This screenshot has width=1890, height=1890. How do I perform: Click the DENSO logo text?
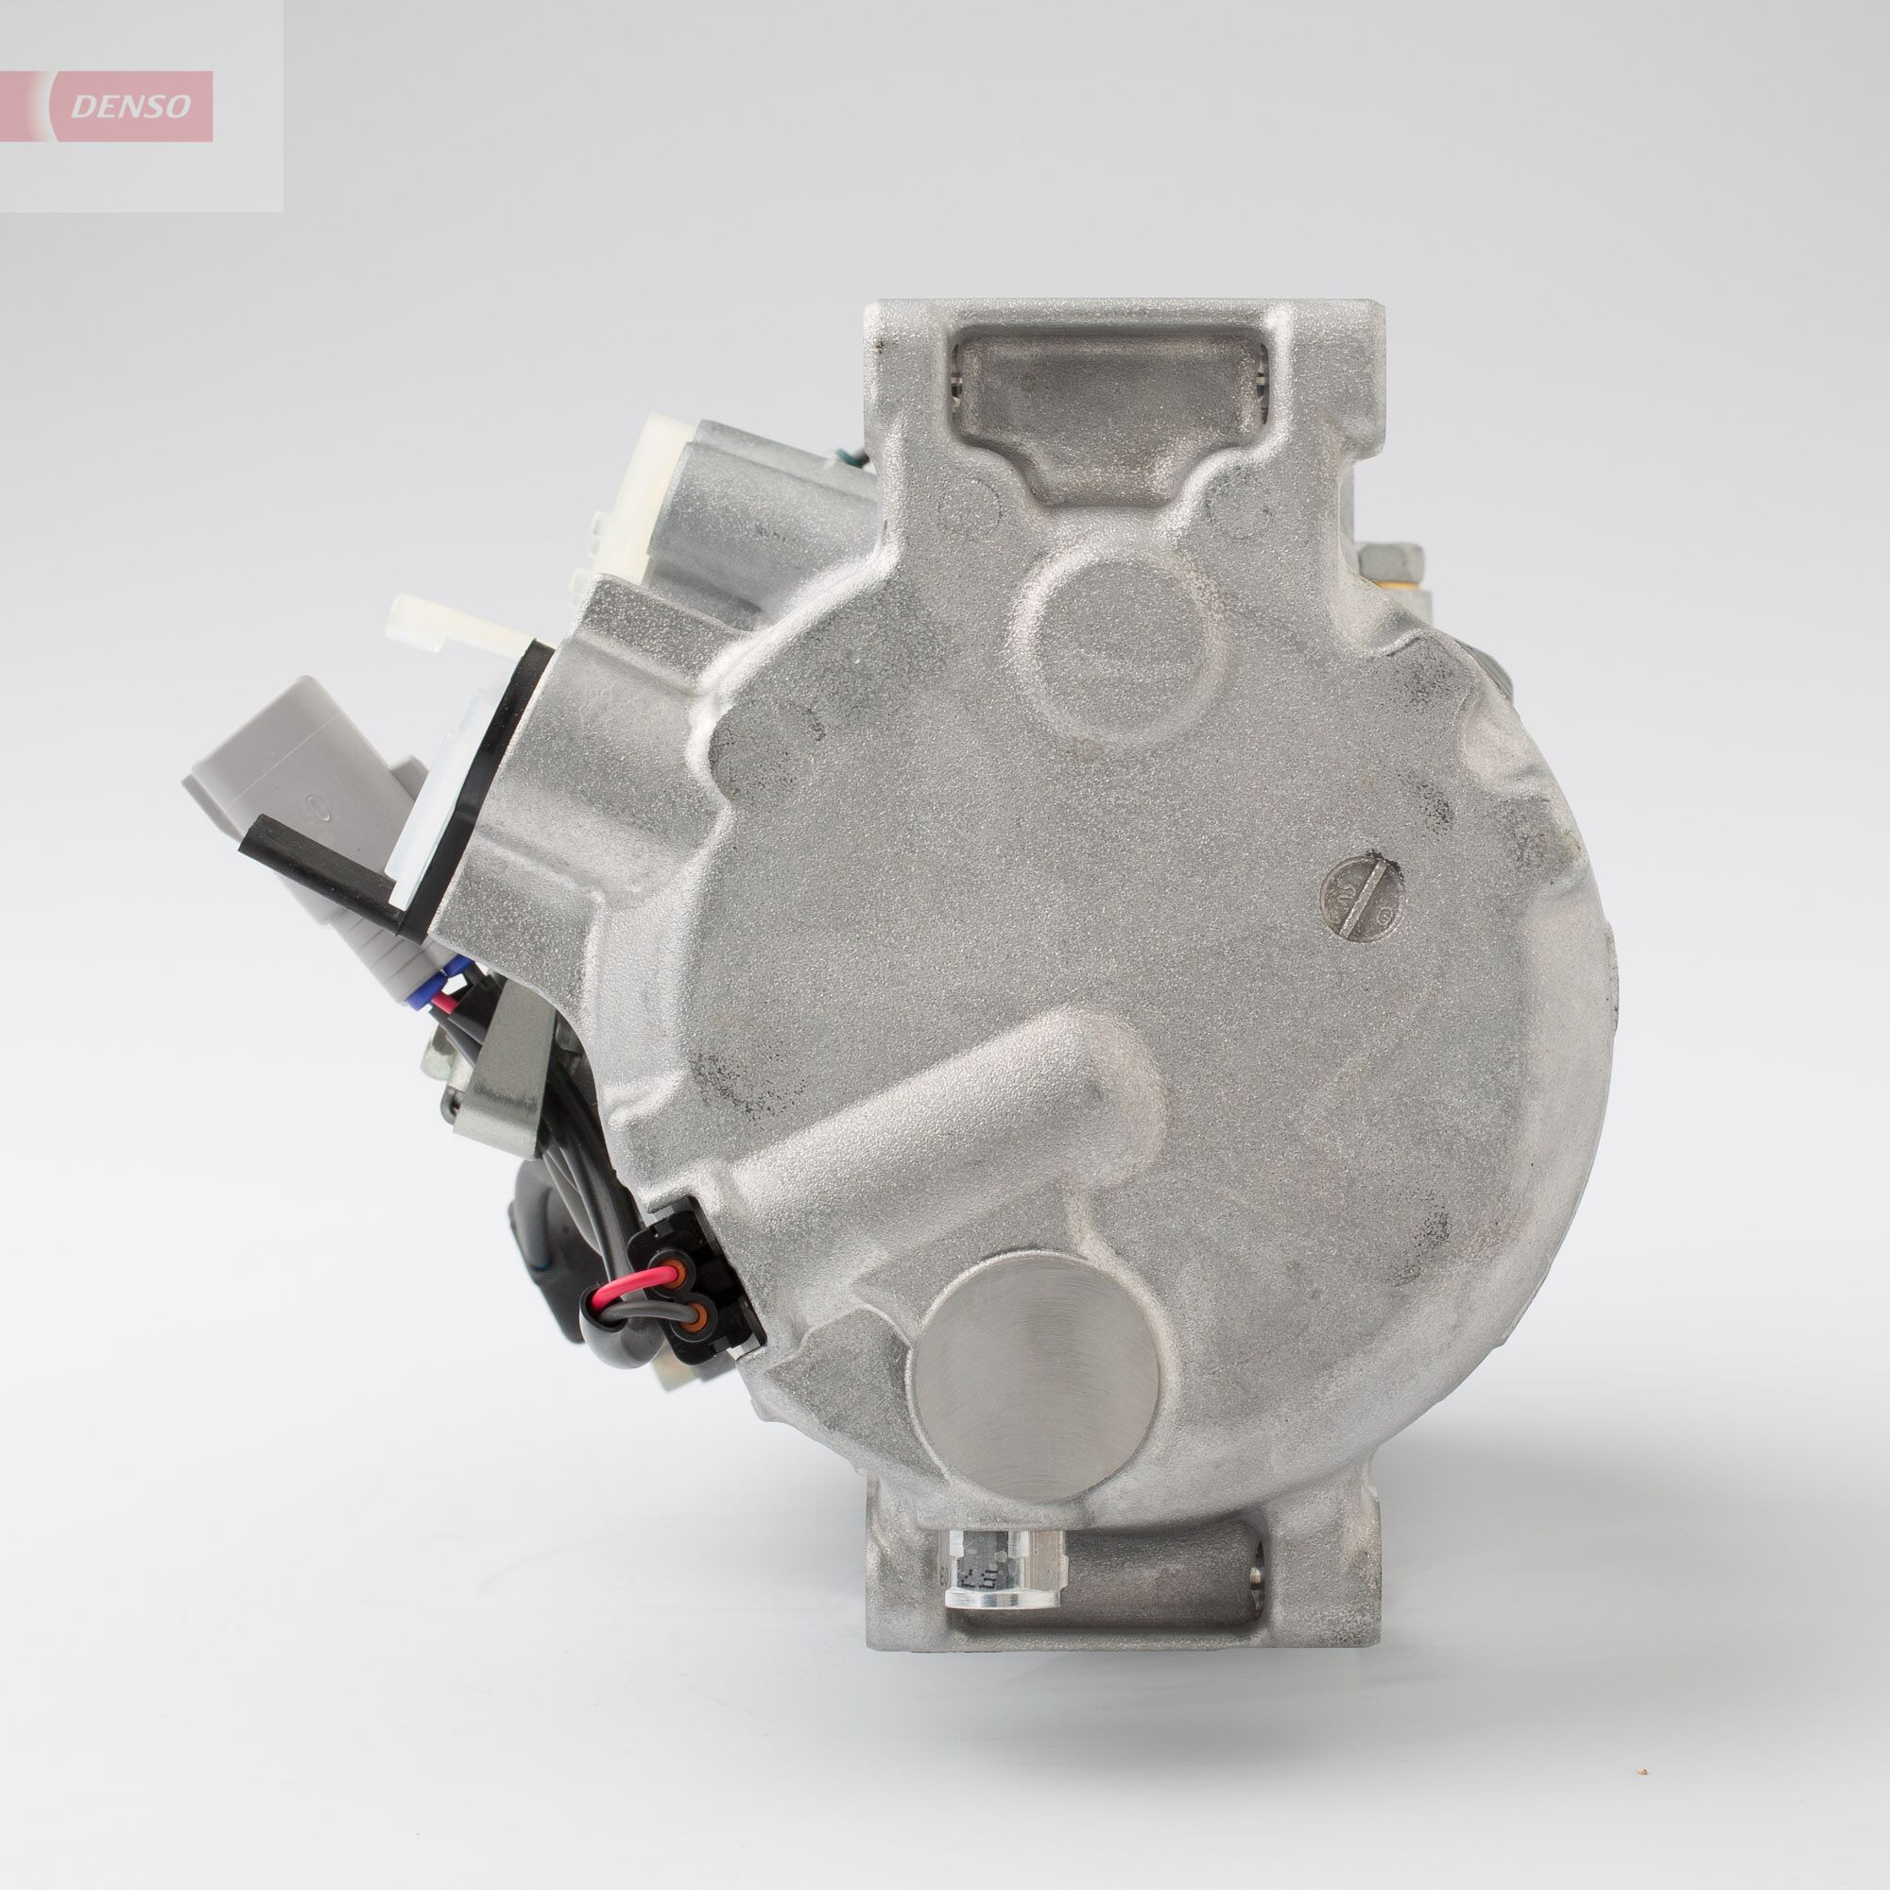point(131,106)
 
